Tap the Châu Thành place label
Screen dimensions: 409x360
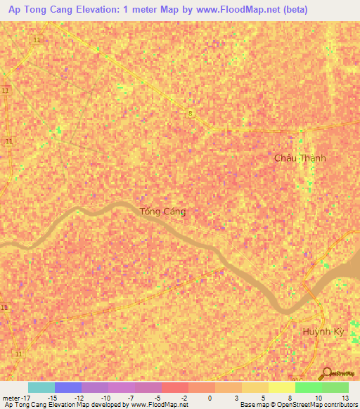point(300,158)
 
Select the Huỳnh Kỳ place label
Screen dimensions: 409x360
point(321,331)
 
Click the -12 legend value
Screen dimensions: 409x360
point(81,398)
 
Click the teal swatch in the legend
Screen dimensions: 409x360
point(41,387)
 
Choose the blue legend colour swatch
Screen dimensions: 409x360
point(67,387)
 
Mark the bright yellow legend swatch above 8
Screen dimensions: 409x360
point(281,387)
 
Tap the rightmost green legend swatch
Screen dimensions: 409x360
point(335,387)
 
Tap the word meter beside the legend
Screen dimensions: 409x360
point(9,398)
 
